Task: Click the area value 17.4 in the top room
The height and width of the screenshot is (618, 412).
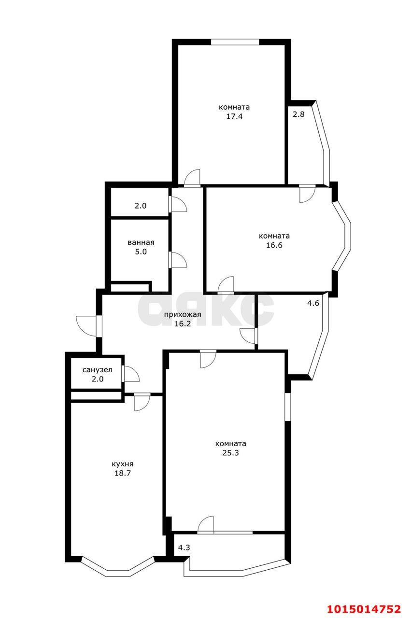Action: tap(234, 116)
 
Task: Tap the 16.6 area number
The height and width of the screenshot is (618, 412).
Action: tap(274, 245)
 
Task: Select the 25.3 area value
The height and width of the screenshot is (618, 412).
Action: tap(230, 453)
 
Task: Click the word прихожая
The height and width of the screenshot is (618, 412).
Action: tap(183, 314)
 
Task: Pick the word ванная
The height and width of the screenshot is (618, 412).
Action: tap(141, 242)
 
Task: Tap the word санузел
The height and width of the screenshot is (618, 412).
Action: tap(98, 370)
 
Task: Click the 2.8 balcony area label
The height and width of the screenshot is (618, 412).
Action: tap(298, 114)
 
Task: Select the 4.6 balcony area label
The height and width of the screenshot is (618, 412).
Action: tap(313, 303)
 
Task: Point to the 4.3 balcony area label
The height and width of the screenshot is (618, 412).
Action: tap(184, 548)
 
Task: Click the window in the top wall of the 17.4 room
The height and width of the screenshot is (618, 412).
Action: tap(235, 42)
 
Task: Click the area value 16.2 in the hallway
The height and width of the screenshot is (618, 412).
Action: tap(183, 323)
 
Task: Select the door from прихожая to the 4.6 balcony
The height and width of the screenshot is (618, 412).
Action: tap(248, 336)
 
